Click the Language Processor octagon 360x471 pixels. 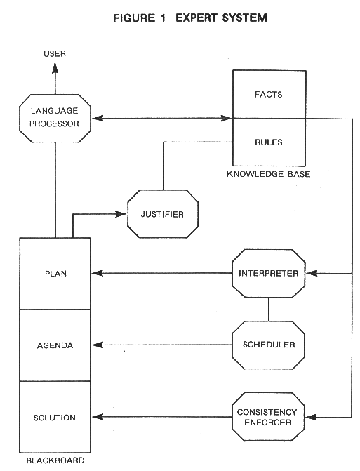pos(55,118)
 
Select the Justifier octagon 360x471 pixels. pos(163,214)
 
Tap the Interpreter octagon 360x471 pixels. pos(269,273)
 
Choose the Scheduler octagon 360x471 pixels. pos(269,345)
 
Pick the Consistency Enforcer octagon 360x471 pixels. pos(269,417)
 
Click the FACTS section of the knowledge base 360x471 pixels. pos(269,94)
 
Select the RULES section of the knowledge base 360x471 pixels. pos(269,142)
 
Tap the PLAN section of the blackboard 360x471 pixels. pos(55,274)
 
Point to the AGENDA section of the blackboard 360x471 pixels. pos(55,345)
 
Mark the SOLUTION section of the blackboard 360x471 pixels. pos(55,417)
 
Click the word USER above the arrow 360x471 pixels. pos(55,54)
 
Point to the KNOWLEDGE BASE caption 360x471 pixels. pos(269,174)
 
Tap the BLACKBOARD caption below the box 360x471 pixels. pos(55,460)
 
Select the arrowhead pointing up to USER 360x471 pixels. pos(55,67)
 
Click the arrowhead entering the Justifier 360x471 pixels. pos(121,214)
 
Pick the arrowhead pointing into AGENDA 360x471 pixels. pos(98,345)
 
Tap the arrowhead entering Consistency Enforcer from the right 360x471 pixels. pos(311,417)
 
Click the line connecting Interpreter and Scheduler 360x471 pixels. pos(269,310)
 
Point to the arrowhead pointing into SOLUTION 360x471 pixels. pos(98,417)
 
